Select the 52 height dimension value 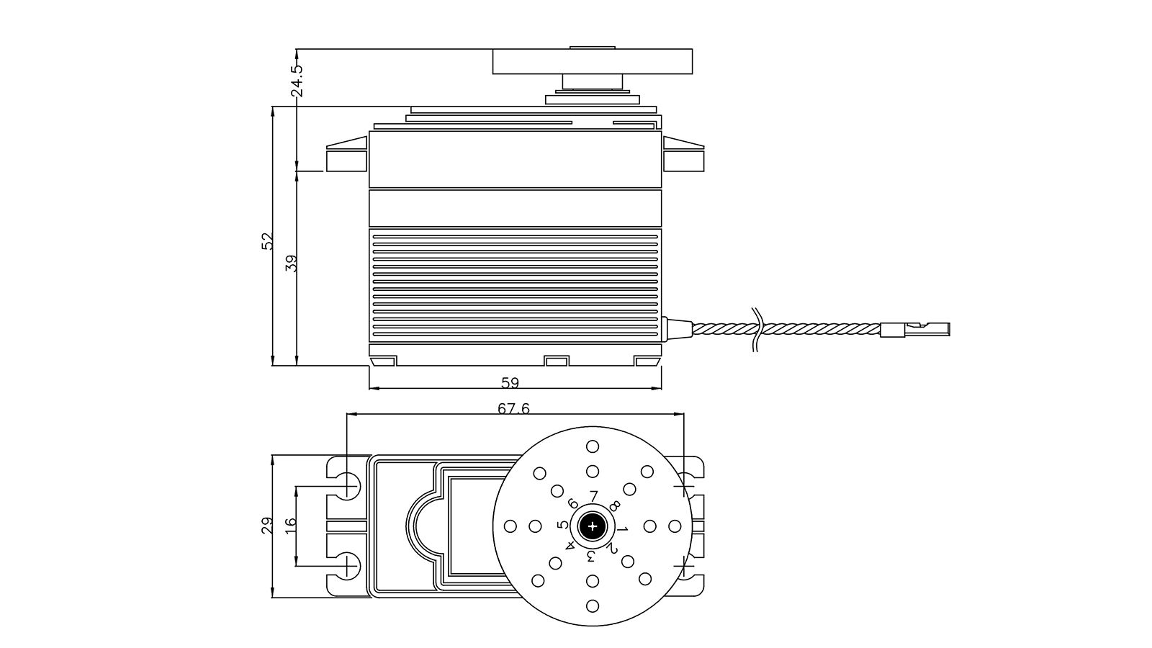click(x=268, y=240)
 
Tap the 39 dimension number click(x=292, y=263)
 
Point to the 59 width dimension click(x=509, y=382)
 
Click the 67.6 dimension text click(x=513, y=408)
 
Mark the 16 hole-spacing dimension click(x=290, y=526)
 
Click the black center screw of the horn click(x=593, y=526)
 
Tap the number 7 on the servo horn click(x=593, y=496)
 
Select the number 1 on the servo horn click(x=624, y=529)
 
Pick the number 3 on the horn click(x=591, y=557)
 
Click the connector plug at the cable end click(x=914, y=329)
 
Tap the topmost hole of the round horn click(x=593, y=446)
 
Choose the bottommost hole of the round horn click(x=593, y=606)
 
